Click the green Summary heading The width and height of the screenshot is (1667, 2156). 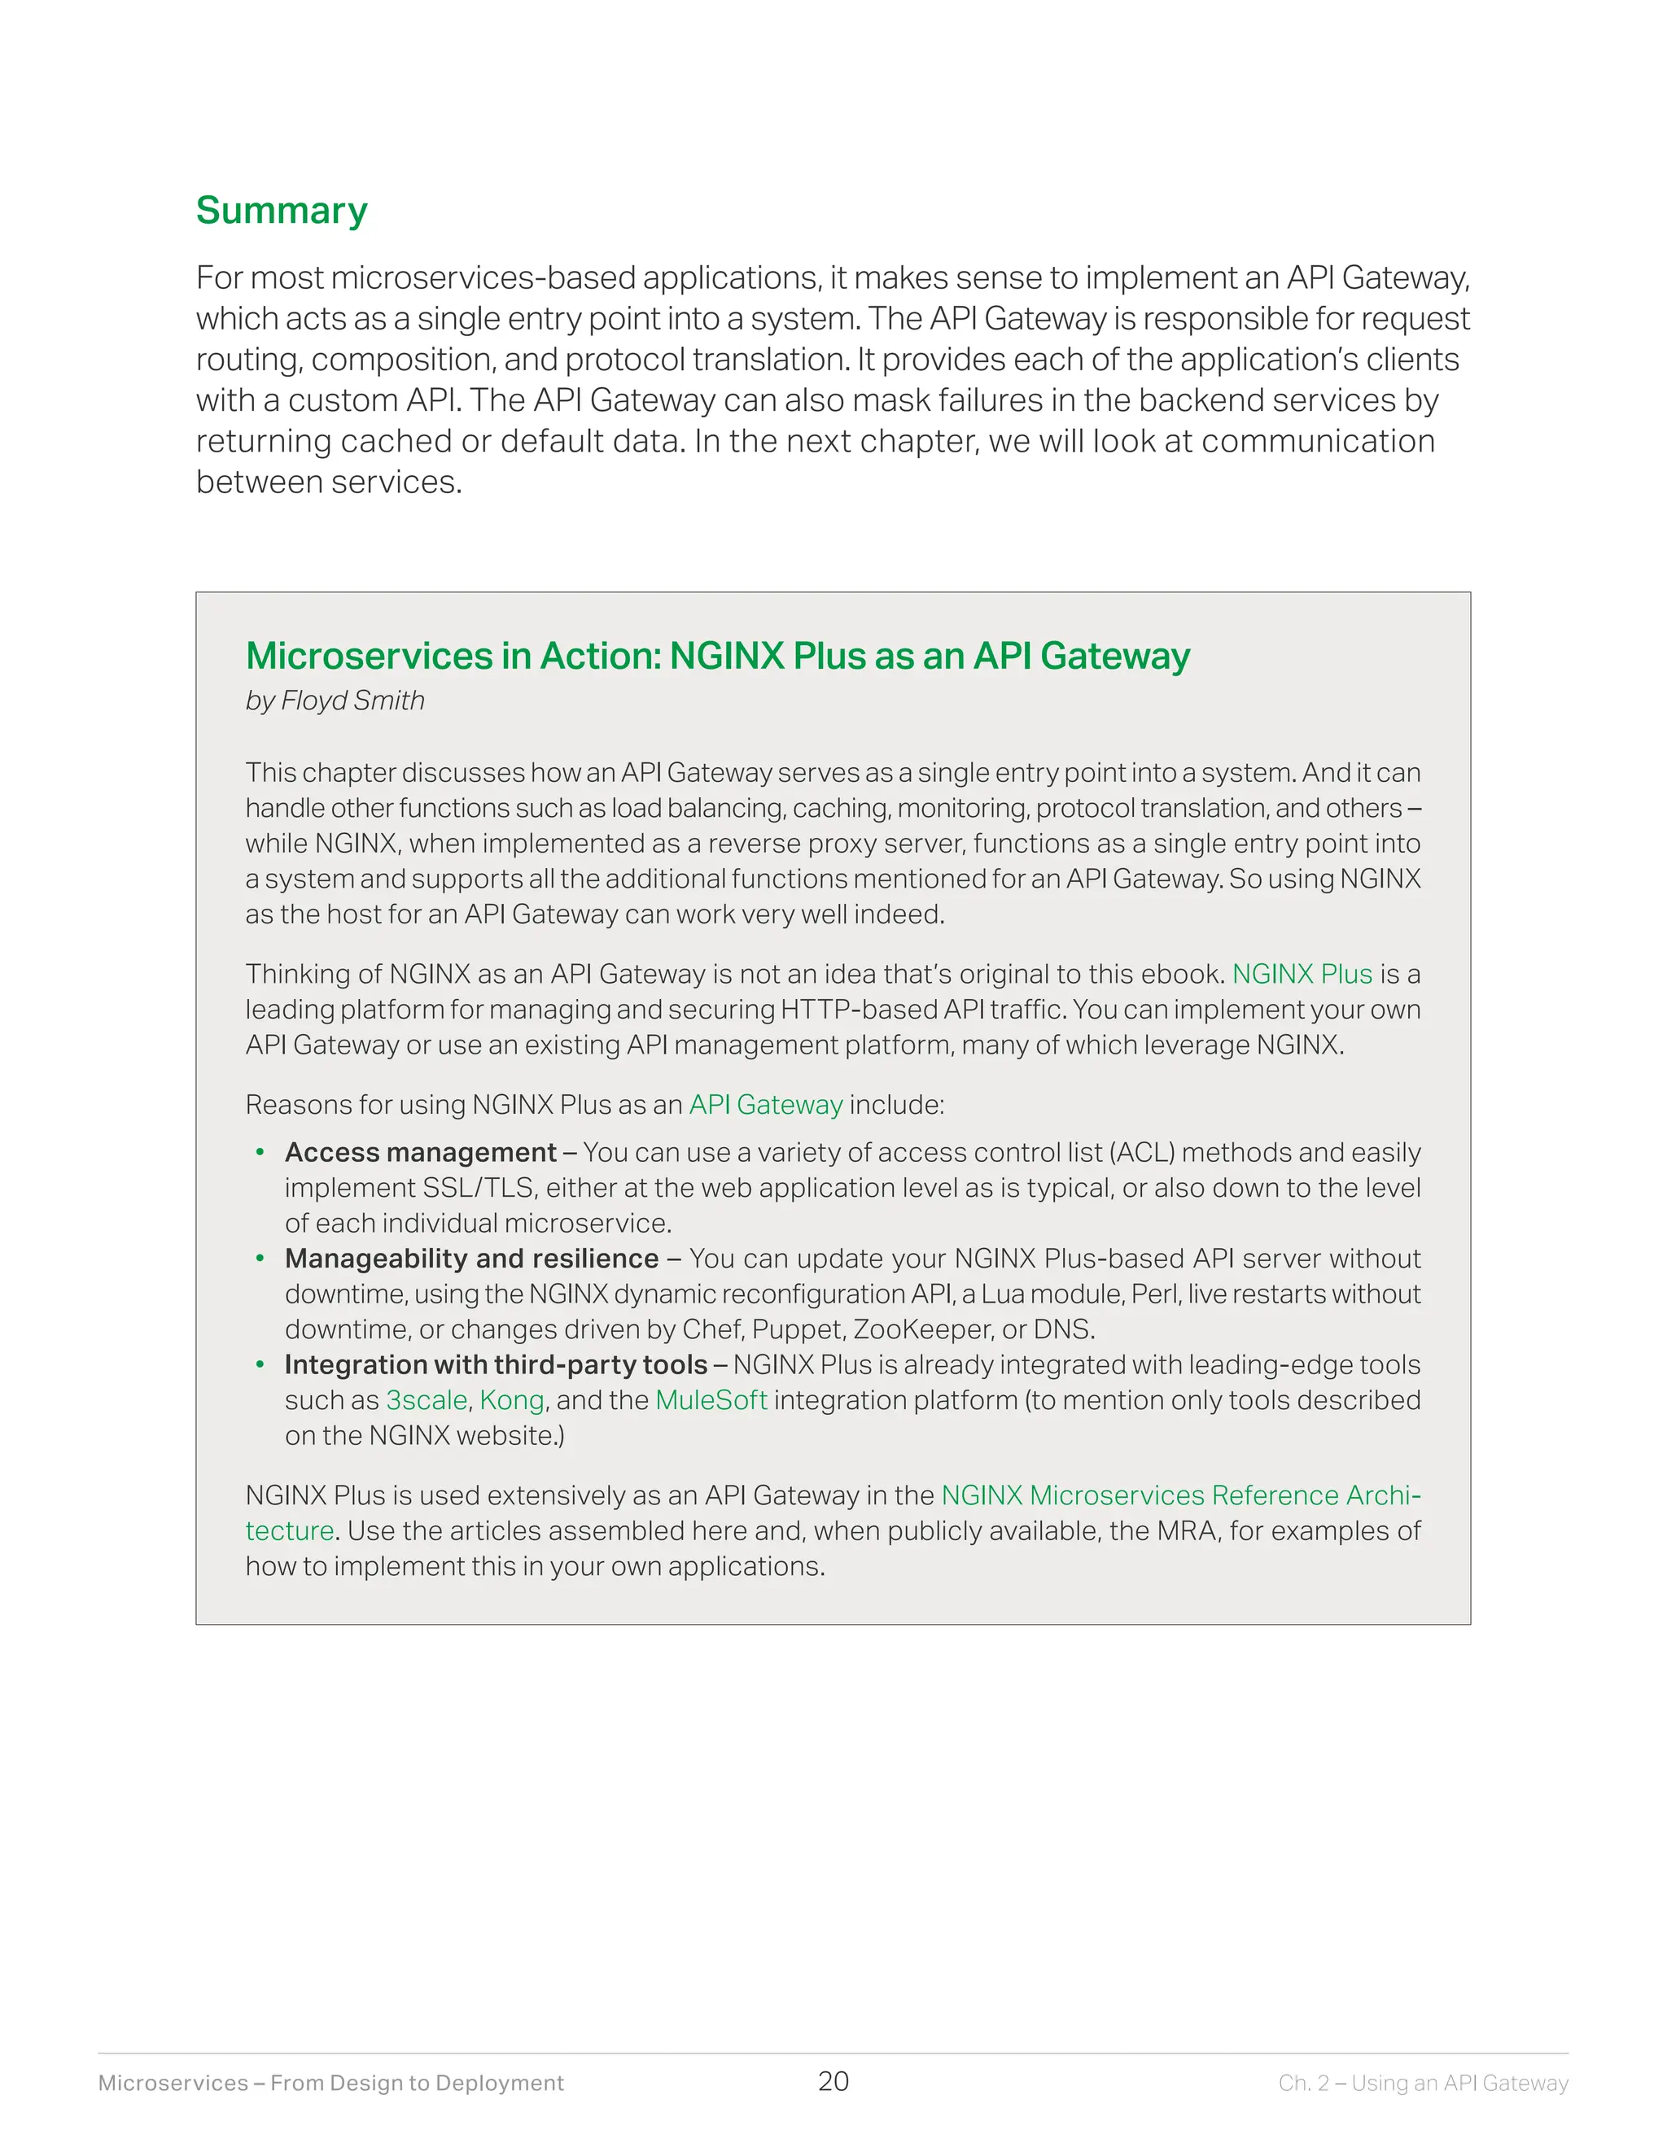click(282, 210)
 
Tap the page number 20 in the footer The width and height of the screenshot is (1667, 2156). click(833, 2081)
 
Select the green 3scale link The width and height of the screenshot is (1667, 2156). click(426, 1400)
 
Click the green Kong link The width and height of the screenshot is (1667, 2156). click(511, 1400)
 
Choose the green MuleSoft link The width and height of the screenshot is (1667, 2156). click(711, 1400)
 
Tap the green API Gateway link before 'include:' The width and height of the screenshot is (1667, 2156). click(765, 1104)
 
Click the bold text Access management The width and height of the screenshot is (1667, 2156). click(421, 1152)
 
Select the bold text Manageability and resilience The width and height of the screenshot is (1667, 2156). click(471, 1258)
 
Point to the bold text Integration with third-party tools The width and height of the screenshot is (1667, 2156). click(496, 1364)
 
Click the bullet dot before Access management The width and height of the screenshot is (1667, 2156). click(260, 1152)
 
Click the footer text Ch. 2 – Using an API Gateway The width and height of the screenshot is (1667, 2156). click(1423, 2083)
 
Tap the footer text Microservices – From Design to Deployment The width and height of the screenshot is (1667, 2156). click(330, 2083)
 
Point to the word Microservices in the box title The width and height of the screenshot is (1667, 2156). click(369, 656)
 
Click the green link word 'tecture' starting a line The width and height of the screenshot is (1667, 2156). click(289, 1530)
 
